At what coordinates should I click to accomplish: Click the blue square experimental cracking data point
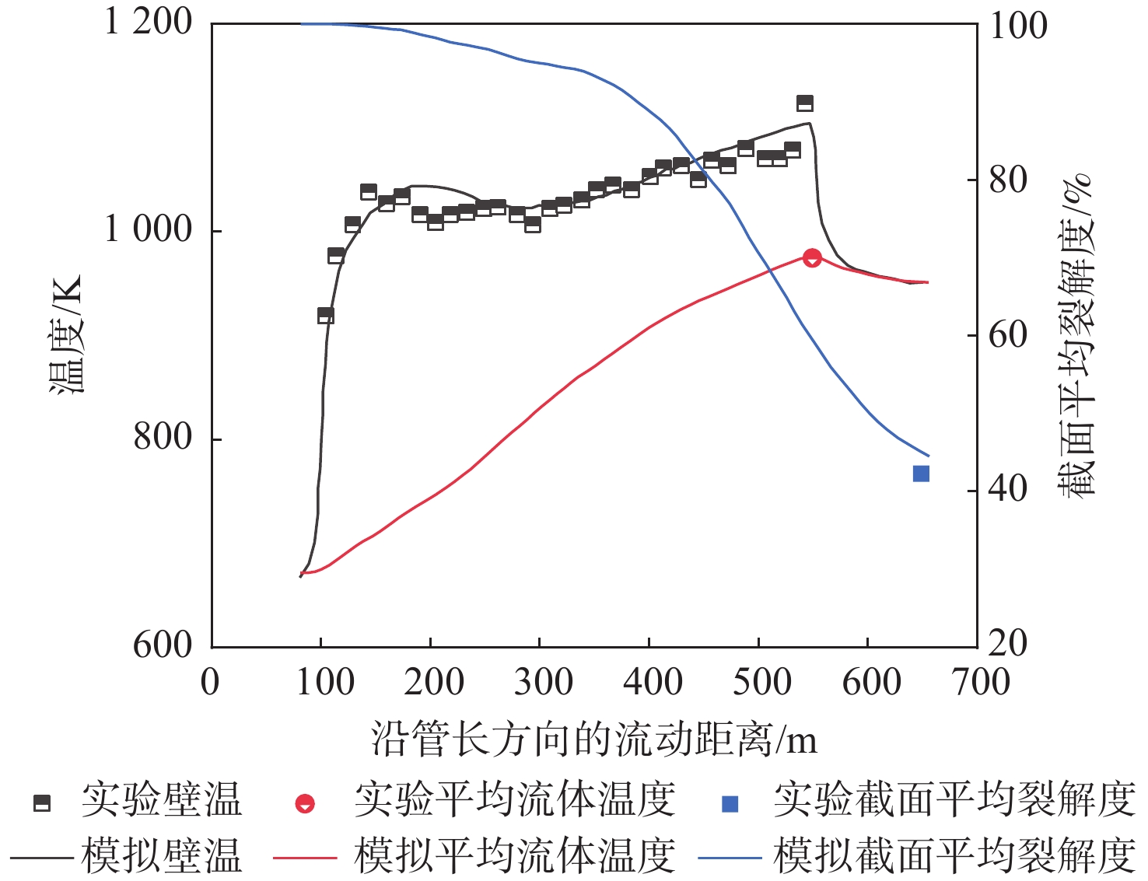[x=921, y=474]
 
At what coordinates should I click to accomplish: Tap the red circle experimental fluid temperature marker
[x=812, y=258]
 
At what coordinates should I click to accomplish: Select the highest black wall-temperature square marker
[x=805, y=103]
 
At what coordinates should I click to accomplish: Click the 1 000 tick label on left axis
[x=149, y=229]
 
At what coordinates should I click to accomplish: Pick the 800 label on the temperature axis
[x=162, y=437]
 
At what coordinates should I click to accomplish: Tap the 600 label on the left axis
[x=162, y=645]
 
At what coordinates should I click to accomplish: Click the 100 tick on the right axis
[x=1018, y=26]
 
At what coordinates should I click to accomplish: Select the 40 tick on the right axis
[x=1008, y=489]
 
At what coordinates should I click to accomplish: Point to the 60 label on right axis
[x=1008, y=335]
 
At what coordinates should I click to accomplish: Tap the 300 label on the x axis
[x=543, y=682]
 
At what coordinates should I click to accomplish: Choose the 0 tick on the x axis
[x=210, y=682]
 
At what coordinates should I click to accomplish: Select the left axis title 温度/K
[x=66, y=334]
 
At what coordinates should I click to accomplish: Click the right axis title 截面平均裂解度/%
[x=1077, y=334]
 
